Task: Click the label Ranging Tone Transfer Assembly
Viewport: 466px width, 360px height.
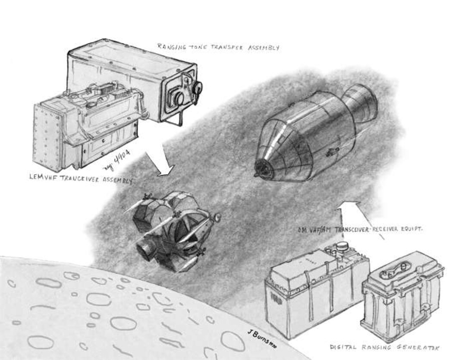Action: point(217,47)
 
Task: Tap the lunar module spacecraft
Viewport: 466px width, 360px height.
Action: point(175,229)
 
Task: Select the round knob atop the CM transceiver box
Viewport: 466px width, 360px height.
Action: point(343,246)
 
